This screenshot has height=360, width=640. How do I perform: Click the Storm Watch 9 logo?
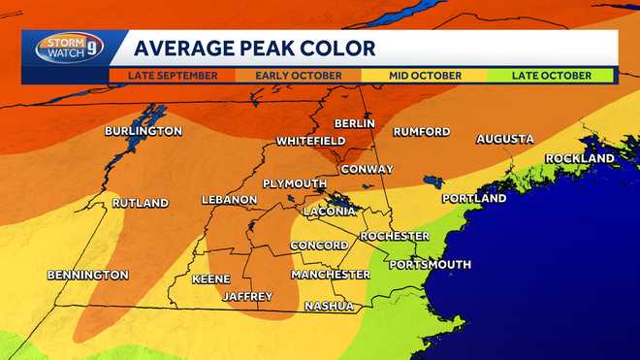(x=68, y=48)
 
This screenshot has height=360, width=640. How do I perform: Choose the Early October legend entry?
(x=298, y=75)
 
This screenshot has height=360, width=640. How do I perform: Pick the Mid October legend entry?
(x=426, y=75)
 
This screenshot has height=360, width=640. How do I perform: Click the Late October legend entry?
(x=553, y=75)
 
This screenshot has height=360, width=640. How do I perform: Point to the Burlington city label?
(x=144, y=131)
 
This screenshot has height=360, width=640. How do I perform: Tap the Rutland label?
(x=140, y=204)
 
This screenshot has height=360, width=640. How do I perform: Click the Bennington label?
(x=88, y=275)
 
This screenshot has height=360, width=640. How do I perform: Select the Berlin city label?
(x=354, y=124)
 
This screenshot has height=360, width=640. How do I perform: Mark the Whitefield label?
(x=310, y=141)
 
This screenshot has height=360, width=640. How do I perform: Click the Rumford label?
(x=421, y=132)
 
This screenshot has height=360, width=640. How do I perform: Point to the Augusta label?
(x=504, y=140)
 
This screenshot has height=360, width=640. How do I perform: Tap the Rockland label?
(x=580, y=158)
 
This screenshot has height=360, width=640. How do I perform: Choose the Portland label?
(x=474, y=199)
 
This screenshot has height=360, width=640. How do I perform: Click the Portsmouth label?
(x=430, y=264)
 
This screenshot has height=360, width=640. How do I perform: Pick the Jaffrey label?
(x=247, y=296)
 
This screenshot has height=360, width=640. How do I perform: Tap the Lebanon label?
(x=229, y=200)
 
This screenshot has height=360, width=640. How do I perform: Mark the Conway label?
(x=367, y=170)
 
